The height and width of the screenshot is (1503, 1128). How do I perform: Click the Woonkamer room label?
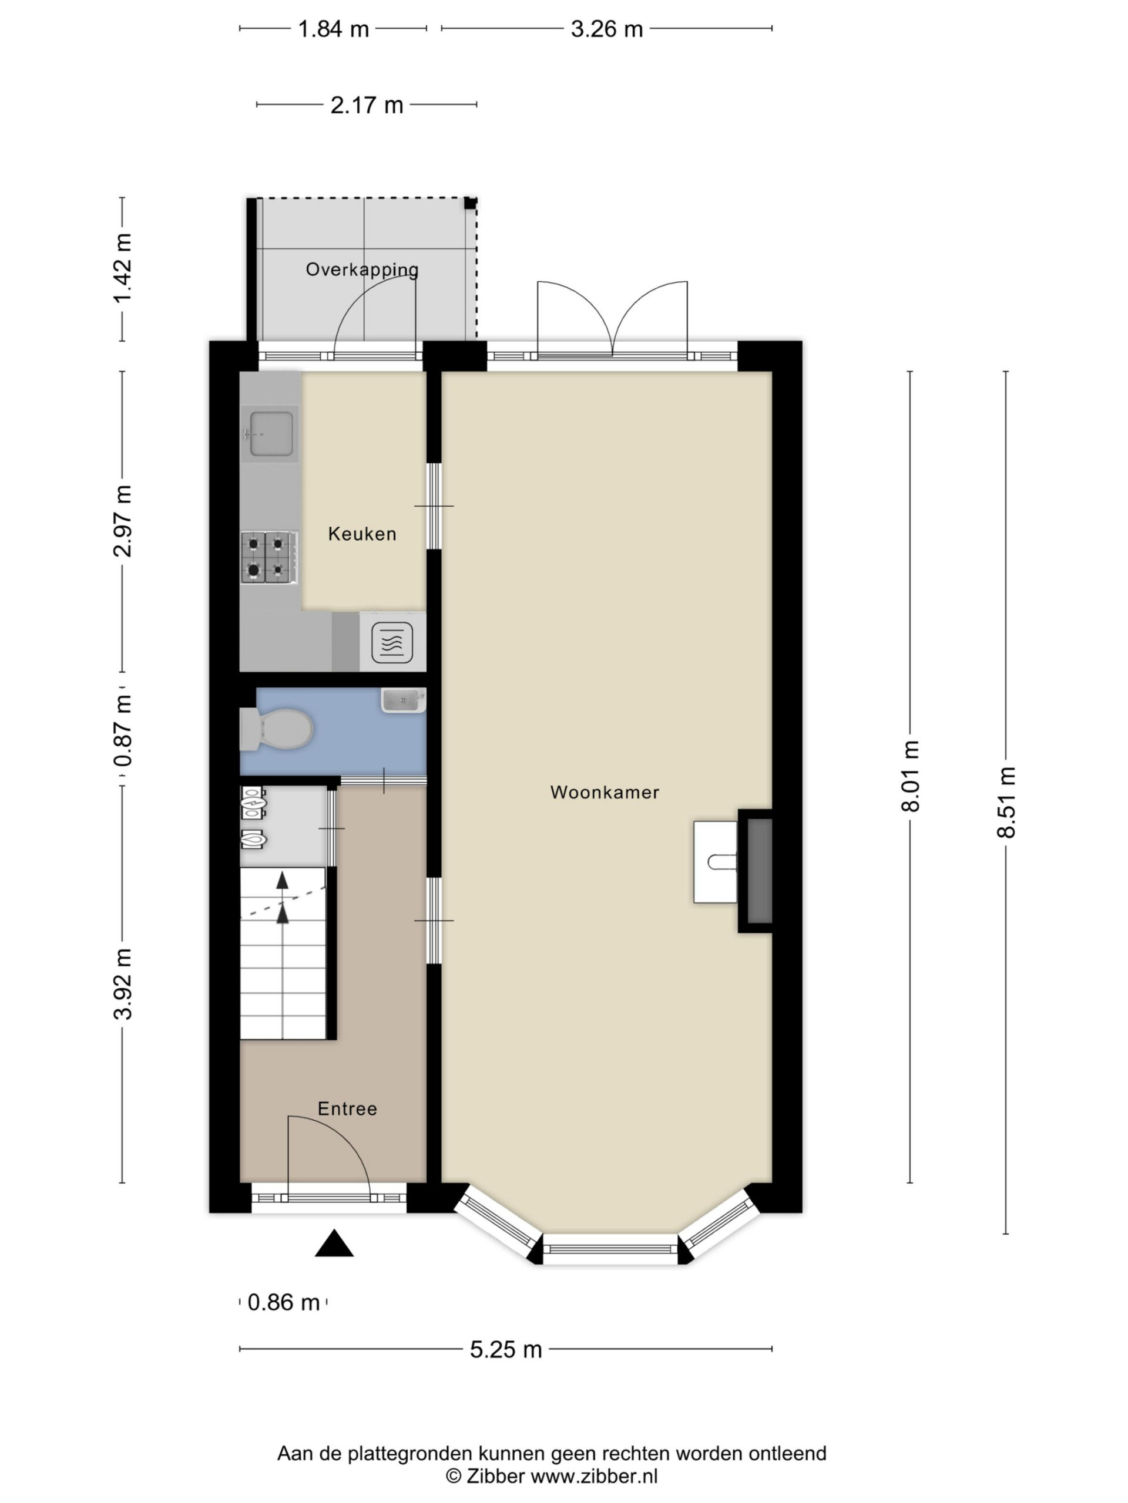605,792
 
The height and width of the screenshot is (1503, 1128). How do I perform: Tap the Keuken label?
362,534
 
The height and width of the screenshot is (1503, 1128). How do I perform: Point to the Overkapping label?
362,269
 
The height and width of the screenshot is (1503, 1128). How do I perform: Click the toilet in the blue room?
276,730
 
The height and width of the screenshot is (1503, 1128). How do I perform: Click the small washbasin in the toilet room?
403,700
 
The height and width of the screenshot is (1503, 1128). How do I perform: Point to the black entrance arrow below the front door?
334,1243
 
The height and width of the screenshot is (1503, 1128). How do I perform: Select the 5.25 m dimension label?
506,1349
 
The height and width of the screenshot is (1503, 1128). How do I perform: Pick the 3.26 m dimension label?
606,29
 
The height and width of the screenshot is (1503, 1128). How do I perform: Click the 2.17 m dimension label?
367,105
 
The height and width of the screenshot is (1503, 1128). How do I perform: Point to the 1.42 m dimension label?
122,269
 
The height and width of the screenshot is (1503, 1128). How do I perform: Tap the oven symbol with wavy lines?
392,642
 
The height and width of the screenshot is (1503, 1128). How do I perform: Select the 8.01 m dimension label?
911,776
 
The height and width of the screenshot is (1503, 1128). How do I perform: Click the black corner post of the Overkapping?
471,203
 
